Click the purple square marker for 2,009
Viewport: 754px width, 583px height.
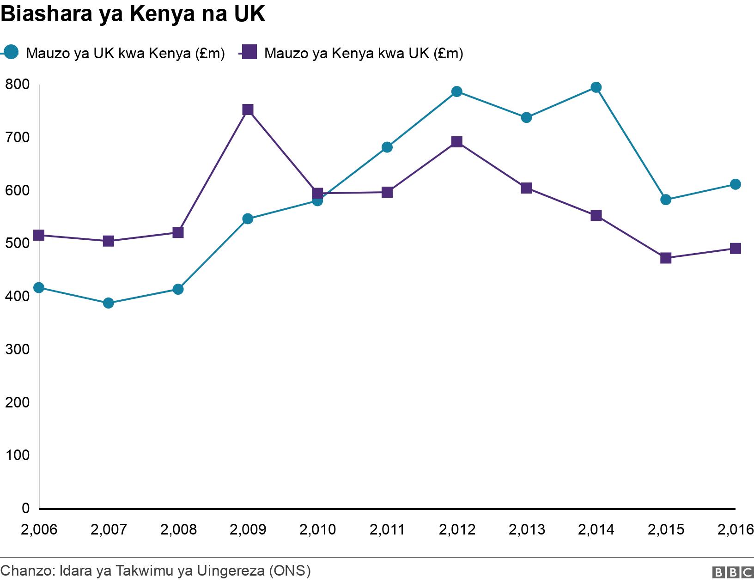pos(248,109)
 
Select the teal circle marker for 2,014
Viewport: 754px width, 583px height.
pos(596,87)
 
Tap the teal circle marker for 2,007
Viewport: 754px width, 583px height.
pos(109,303)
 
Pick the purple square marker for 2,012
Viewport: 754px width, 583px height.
pos(457,142)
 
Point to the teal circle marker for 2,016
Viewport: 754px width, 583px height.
pos(735,184)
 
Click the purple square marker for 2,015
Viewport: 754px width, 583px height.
pos(666,258)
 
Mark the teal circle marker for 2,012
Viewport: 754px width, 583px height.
pos(457,91)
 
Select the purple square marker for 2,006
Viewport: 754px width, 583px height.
pos(39,235)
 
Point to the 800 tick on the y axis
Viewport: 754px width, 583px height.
pos(17,85)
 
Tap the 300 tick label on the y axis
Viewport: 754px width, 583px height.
pos(17,349)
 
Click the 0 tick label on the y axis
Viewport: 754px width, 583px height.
pos(25,508)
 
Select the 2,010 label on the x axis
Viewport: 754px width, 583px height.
pos(317,529)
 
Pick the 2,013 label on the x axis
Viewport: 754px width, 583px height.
pos(526,529)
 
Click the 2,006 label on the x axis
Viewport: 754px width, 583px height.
pos(39,529)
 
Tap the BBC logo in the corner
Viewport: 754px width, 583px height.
pos(733,572)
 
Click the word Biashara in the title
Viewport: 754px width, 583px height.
pos(46,14)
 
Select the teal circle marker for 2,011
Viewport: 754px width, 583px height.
pos(387,147)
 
